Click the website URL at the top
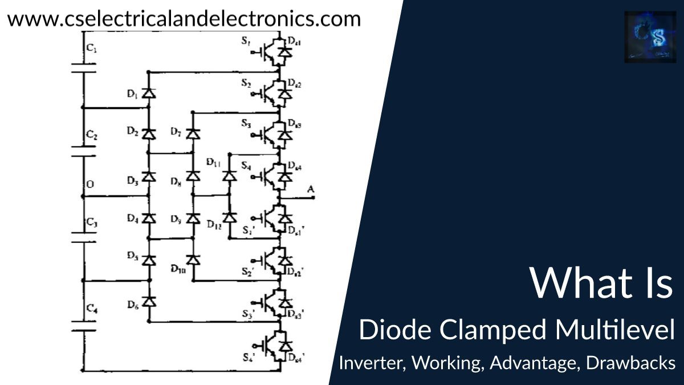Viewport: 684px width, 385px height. coord(184,19)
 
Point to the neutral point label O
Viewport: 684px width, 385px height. coord(90,184)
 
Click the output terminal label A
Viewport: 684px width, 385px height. coord(310,189)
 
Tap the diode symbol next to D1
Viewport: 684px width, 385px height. coord(149,93)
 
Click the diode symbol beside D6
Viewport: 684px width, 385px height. coord(149,301)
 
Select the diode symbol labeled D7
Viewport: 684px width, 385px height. coord(193,133)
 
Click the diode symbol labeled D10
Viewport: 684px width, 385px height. coord(193,260)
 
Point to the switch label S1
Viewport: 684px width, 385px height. coord(246,41)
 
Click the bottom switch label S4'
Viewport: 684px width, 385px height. coord(248,358)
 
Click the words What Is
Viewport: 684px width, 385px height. coord(601,282)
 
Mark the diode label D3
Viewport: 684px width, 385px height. coord(132,181)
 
